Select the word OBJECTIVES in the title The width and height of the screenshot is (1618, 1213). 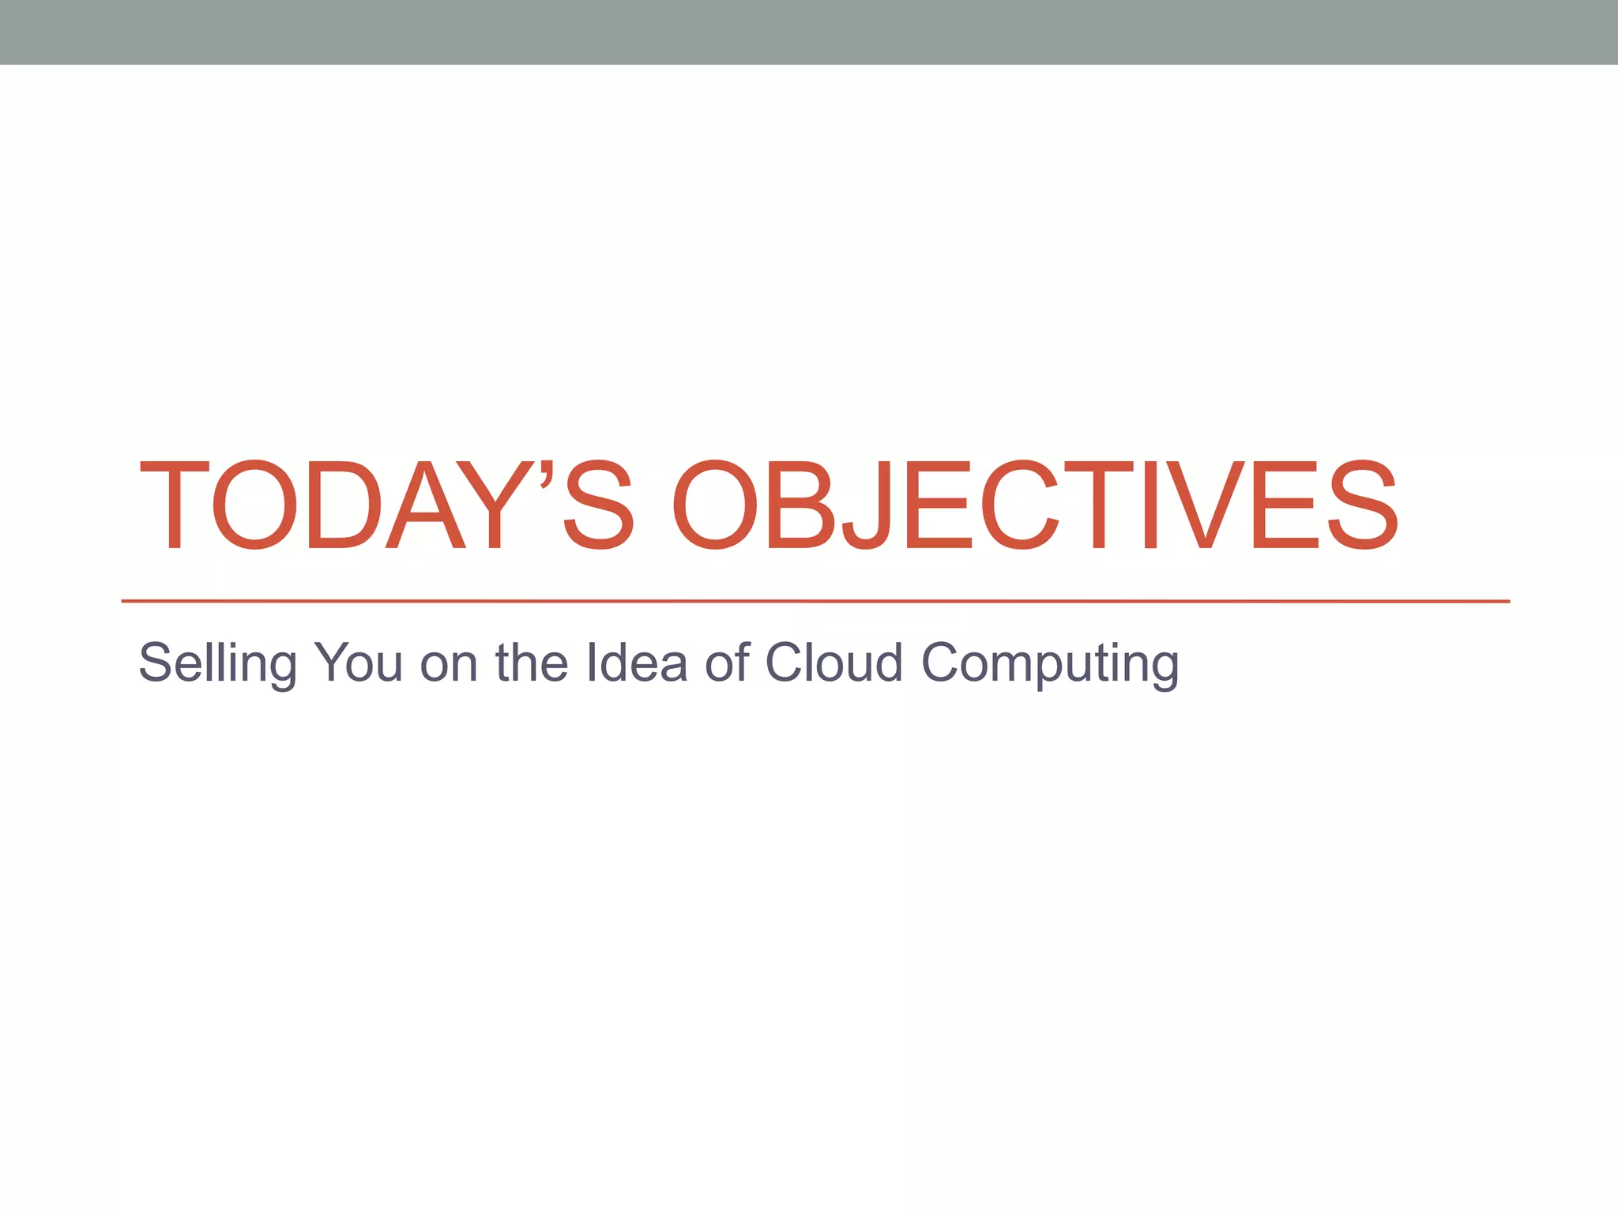[x=1035, y=505]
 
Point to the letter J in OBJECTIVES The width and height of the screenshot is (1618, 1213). [x=867, y=505]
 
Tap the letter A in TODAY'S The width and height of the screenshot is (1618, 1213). [x=425, y=505]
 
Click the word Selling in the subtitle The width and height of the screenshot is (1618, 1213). [x=217, y=663]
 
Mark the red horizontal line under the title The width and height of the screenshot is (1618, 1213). [x=815, y=602]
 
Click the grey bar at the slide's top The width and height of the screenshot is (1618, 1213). [x=809, y=32]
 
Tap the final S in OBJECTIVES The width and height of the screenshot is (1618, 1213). [x=1362, y=505]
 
